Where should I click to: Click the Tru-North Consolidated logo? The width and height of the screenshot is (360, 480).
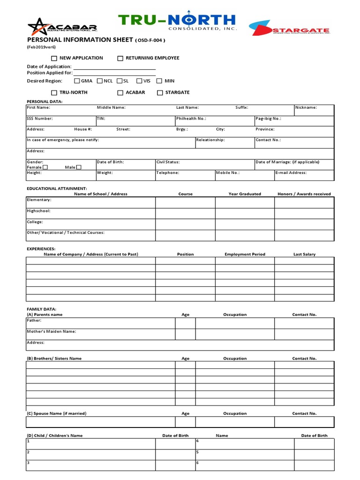(x=177, y=22)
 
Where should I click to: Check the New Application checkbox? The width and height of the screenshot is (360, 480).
(x=54, y=59)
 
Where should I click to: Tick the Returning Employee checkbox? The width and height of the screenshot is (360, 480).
(x=120, y=59)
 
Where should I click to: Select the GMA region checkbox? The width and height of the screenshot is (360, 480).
(x=77, y=81)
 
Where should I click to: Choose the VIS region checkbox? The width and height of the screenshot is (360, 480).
(x=139, y=81)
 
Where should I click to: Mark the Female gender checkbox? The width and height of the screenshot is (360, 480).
(x=45, y=167)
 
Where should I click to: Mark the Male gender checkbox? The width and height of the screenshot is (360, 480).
(x=79, y=167)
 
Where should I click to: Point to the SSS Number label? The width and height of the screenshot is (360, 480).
(x=40, y=119)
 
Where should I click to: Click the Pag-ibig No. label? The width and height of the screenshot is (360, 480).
(x=268, y=119)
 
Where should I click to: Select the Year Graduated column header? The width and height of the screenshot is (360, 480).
(x=245, y=194)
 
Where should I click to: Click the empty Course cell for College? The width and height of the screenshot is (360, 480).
(x=185, y=225)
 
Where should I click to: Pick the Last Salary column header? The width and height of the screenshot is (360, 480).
(x=304, y=255)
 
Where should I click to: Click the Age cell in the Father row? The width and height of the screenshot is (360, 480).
(x=185, y=323)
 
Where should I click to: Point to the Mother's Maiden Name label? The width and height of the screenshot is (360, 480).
(x=52, y=331)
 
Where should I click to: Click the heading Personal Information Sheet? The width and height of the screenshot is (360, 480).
(x=80, y=40)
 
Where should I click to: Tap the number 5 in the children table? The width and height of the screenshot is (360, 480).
(x=198, y=452)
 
